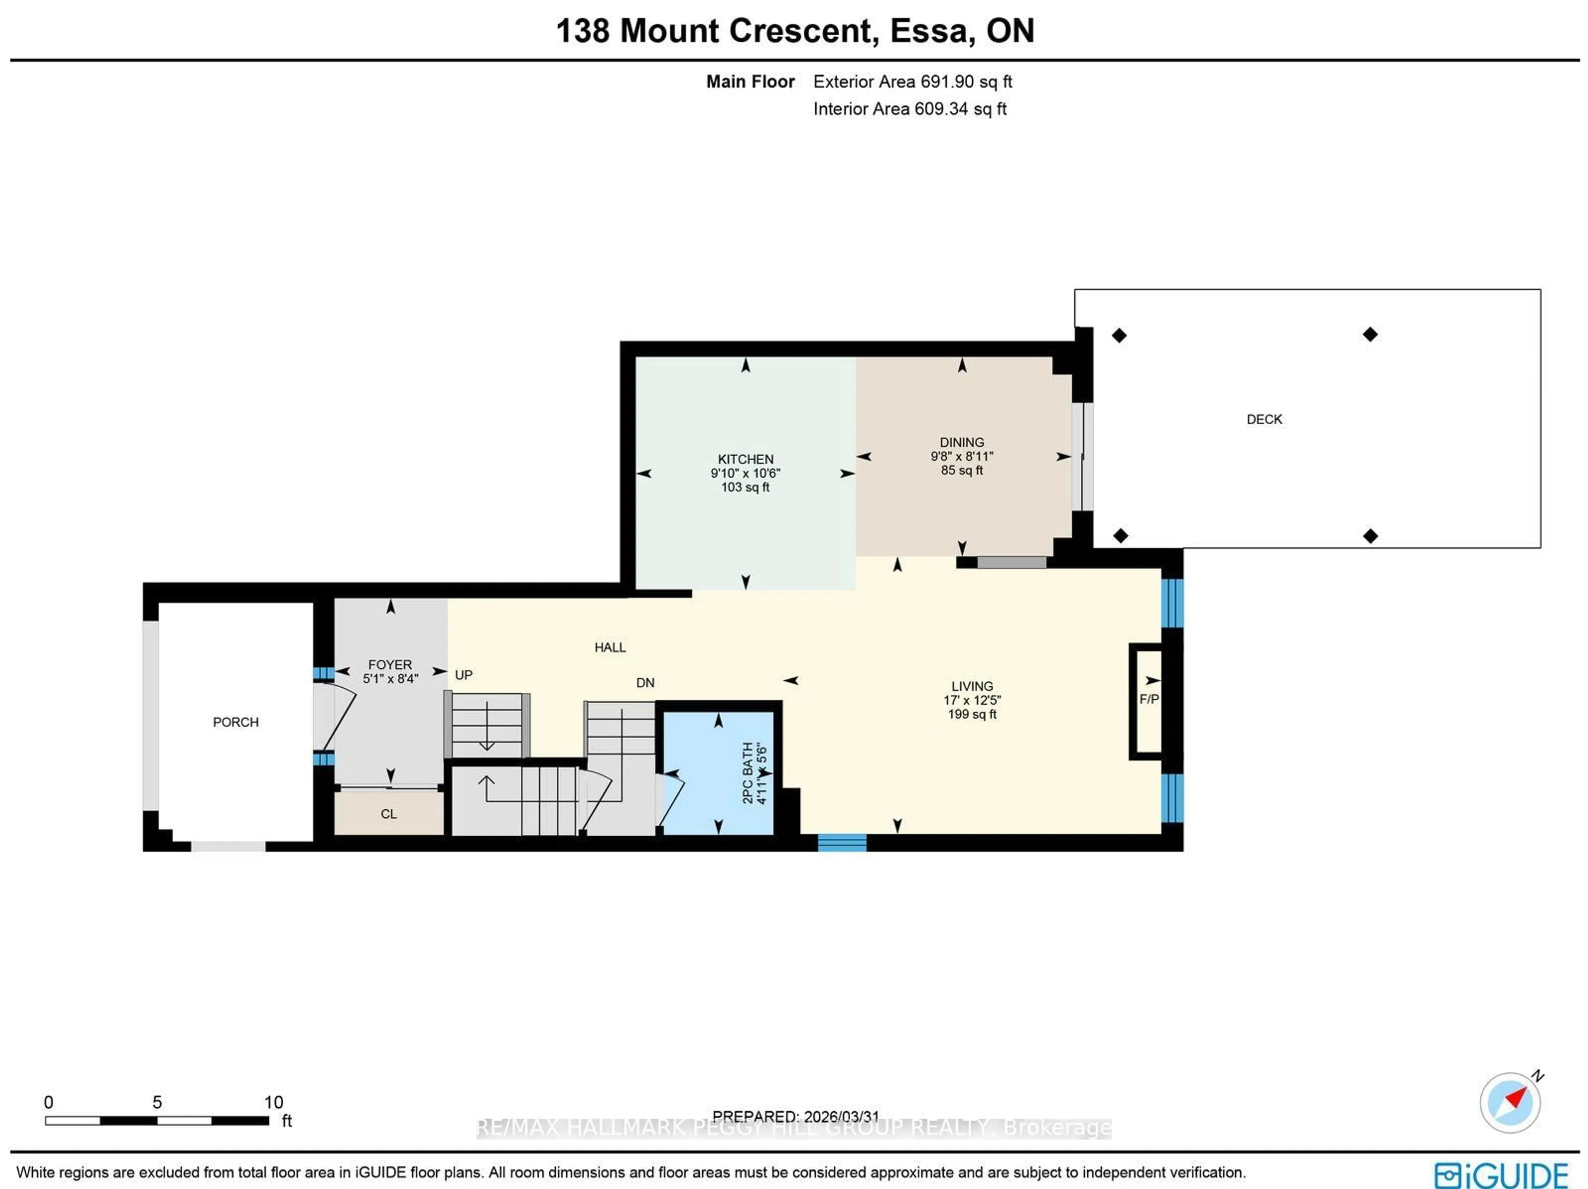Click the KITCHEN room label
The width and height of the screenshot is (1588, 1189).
pyautogui.click(x=745, y=459)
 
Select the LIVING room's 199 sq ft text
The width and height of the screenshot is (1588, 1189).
pyautogui.click(x=972, y=714)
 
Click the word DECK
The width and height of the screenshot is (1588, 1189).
pyautogui.click(x=1263, y=419)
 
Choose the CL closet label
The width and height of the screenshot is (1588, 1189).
pyautogui.click(x=388, y=813)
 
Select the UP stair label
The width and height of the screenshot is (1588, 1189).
pyautogui.click(x=463, y=675)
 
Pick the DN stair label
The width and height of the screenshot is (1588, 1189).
pyautogui.click(x=645, y=683)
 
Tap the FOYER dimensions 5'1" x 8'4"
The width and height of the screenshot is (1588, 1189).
pyautogui.click(x=390, y=679)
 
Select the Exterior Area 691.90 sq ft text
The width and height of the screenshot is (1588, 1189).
pyautogui.click(x=912, y=82)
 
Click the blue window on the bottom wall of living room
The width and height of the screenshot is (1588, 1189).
pyautogui.click(x=842, y=842)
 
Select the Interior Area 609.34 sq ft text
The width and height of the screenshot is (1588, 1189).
pyautogui.click(x=909, y=109)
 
